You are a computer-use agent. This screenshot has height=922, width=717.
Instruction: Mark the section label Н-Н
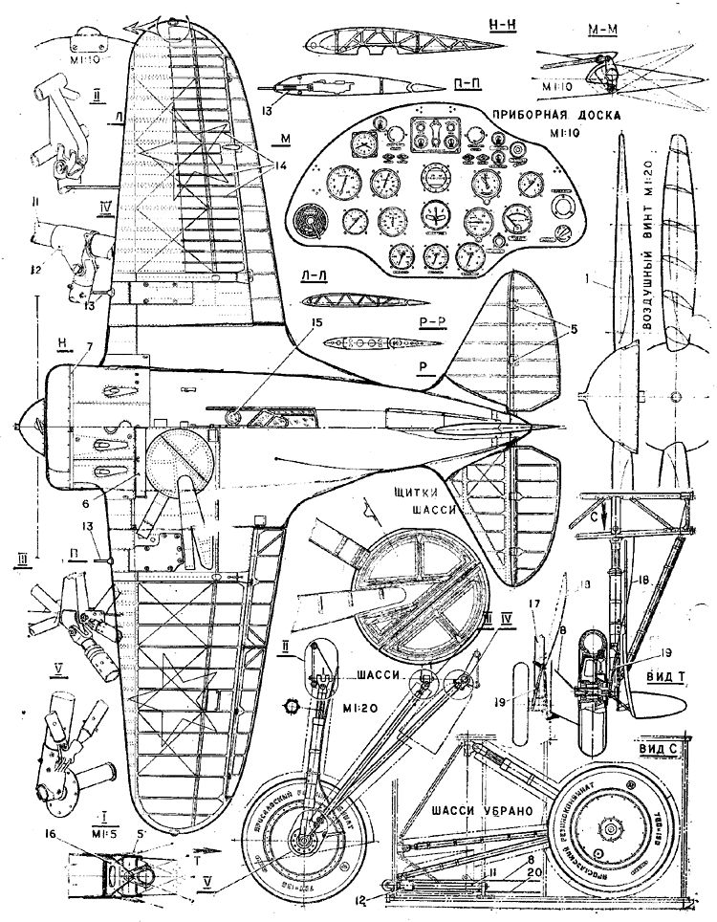tap(496, 25)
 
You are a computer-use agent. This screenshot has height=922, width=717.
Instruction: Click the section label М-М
tap(605, 27)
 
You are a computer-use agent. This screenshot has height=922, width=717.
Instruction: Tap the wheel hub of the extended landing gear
tap(304, 843)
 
